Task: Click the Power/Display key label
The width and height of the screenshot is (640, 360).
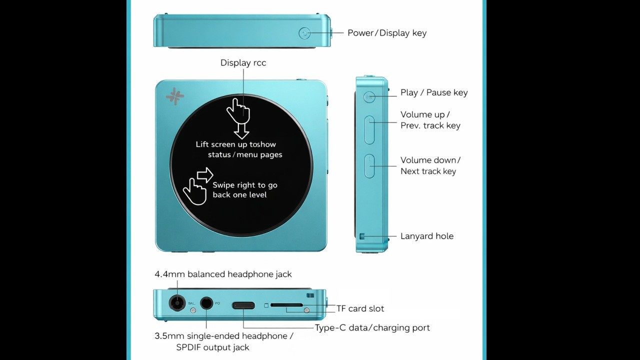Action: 386,33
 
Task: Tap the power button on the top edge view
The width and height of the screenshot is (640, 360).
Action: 304,33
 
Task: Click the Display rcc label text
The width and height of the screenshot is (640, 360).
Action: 243,63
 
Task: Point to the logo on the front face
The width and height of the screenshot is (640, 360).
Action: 175,97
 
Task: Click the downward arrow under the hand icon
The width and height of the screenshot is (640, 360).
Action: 241,131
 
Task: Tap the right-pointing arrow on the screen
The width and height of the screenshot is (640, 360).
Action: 205,175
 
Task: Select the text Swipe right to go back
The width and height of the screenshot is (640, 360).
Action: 244,190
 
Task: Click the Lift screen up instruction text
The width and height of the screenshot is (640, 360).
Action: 239,149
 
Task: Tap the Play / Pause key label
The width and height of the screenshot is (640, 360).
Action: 433,92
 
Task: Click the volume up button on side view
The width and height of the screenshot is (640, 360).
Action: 370,129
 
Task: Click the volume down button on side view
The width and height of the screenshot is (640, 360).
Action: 370,166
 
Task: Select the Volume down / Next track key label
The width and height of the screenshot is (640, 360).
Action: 429,165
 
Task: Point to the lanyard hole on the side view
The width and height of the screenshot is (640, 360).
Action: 362,236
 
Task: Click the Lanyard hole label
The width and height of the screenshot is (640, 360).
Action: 426,236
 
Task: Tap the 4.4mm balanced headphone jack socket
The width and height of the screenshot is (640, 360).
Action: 176,303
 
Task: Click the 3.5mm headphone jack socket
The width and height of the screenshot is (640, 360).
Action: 206,303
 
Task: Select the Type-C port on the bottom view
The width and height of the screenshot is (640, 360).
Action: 243,304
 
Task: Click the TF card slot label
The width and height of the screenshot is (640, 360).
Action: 360,308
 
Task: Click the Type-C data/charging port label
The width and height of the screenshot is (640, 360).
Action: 372,328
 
